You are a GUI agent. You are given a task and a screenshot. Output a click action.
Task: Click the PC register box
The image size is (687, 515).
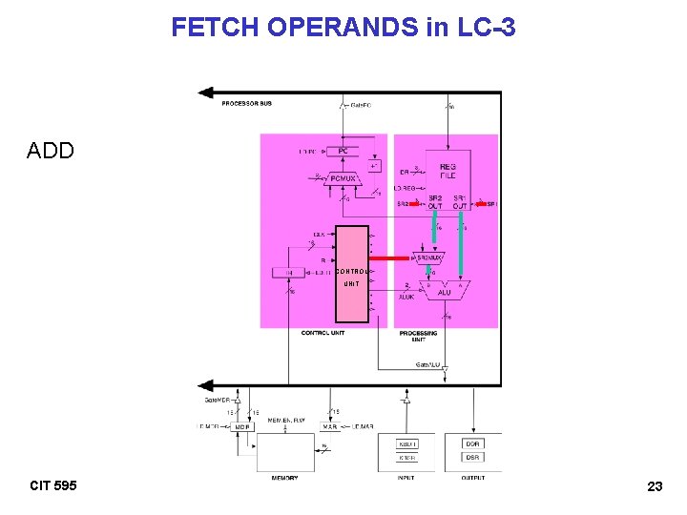[342, 151]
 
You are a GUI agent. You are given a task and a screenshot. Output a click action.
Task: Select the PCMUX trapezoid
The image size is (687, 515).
[342, 177]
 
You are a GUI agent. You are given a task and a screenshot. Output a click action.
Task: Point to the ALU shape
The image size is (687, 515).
[444, 290]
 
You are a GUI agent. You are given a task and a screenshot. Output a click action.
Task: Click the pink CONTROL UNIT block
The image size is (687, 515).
[351, 275]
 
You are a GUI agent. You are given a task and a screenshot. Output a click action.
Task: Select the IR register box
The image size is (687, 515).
[289, 273]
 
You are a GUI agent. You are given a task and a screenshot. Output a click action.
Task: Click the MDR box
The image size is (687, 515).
[243, 426]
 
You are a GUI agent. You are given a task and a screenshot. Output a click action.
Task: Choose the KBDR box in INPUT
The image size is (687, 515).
[407, 443]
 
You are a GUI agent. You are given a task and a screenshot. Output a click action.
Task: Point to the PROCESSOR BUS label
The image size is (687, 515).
[245, 103]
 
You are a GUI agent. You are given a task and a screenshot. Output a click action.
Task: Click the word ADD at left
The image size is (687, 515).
[51, 151]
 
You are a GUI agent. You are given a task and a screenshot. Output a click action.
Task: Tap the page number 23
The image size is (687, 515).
[655, 486]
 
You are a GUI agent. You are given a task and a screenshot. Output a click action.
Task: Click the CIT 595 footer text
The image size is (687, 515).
[53, 485]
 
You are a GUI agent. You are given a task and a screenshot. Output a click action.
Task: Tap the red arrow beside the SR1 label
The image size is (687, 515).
[480, 203]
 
